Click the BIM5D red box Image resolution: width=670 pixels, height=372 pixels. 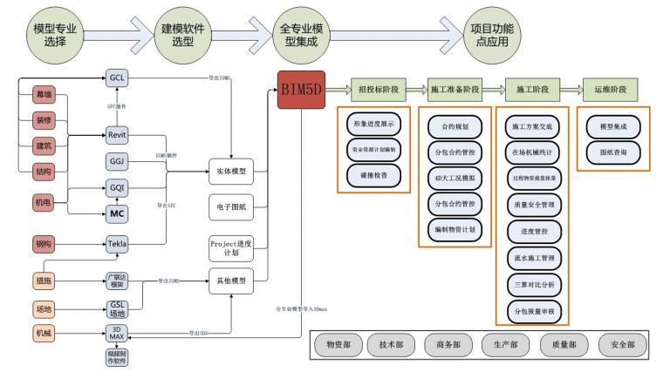(303, 91)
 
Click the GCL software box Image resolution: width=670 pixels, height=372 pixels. (117, 78)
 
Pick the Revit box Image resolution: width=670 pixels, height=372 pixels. (117, 135)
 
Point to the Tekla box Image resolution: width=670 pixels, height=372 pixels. (117, 244)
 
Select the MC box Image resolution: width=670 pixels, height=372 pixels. (117, 213)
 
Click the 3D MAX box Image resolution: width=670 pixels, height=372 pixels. (117, 333)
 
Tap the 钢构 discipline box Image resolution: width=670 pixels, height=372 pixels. (43, 244)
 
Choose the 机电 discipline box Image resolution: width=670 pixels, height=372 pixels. (43, 204)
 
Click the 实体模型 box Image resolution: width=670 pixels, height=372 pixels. (231, 172)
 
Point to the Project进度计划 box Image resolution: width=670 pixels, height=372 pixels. (231, 248)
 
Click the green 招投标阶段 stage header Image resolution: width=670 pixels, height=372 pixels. (380, 90)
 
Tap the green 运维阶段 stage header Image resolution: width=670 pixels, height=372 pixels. (610, 90)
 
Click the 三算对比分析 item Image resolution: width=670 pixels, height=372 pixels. (533, 284)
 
